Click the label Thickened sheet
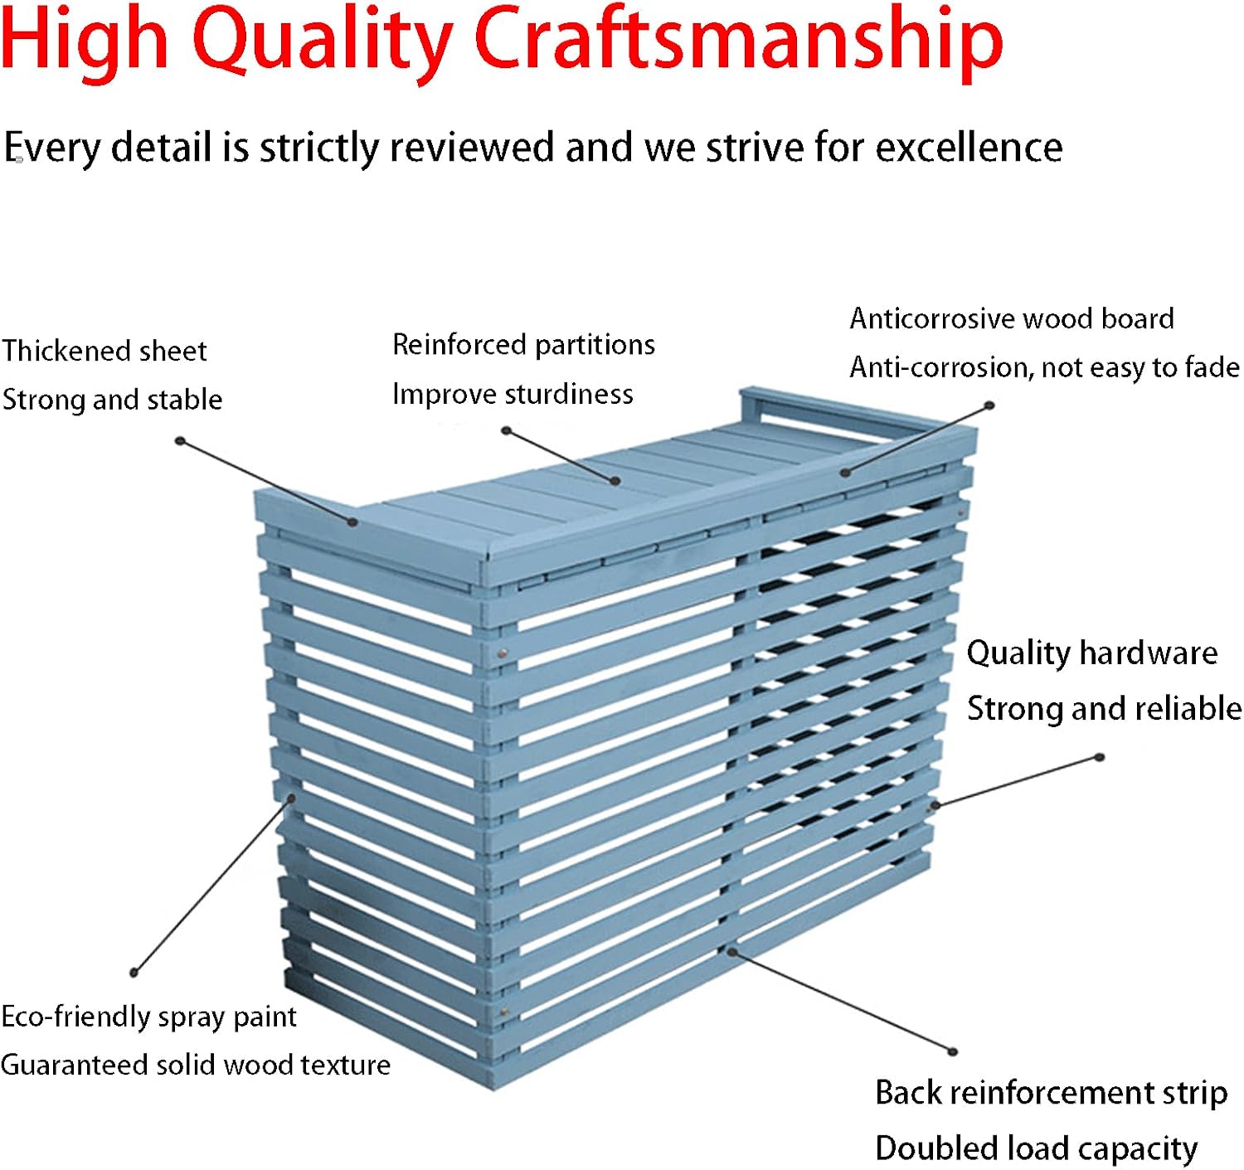coord(104,351)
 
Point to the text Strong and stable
coord(112,400)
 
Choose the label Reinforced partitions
coord(523,345)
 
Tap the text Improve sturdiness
coord(513,394)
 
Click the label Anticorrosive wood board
coord(1012,318)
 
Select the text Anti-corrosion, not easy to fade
coord(1044,367)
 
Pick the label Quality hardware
coord(1091,653)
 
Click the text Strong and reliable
coord(1105,708)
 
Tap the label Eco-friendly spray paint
coord(148,1017)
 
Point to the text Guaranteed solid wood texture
coord(196,1065)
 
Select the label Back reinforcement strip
coord(1051,1093)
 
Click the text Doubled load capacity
coord(1036,1148)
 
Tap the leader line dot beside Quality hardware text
coord(1100,757)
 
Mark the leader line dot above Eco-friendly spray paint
coord(134,973)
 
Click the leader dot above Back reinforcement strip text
coord(953,1051)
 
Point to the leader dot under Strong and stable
coord(180,441)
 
